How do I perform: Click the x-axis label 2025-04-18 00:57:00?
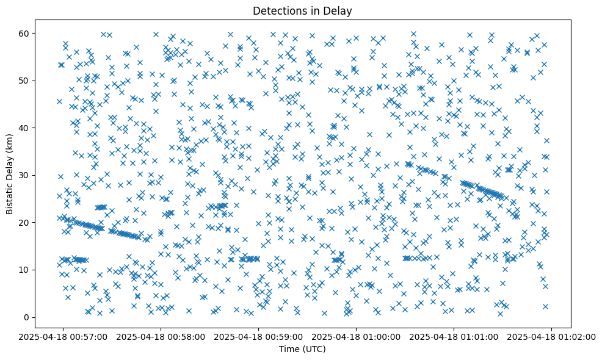click(x=61, y=337)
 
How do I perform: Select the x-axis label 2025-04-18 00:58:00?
click(x=159, y=337)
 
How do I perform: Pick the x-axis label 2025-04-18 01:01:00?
click(x=454, y=337)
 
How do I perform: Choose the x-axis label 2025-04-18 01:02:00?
click(x=553, y=337)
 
